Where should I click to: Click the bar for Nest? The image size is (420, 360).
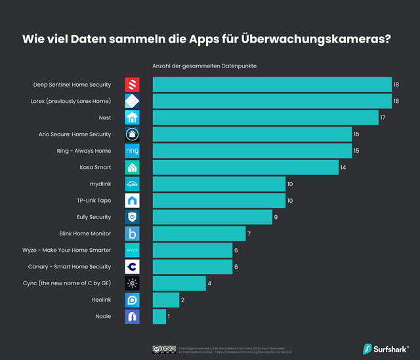coord(265,117)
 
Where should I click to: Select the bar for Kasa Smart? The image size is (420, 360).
coord(245,167)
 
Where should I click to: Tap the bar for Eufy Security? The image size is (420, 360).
coord(212,217)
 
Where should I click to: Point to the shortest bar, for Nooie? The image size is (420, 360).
coord(159,317)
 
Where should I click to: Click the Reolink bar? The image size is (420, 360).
coord(166,300)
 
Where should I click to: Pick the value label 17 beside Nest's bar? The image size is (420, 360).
coord(383,117)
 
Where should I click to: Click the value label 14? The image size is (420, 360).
coord(343,167)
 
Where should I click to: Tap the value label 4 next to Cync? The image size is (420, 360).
coord(210,283)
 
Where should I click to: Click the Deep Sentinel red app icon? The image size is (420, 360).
coord(132,85)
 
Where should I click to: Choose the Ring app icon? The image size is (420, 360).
coord(132,151)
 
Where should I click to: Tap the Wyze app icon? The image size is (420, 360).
coord(132,250)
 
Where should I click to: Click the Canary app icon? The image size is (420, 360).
coord(132,267)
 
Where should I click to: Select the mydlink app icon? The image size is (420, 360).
coord(132,184)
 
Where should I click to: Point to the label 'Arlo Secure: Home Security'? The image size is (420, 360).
coord(75,134)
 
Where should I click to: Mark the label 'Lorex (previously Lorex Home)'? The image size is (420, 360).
coord(71,101)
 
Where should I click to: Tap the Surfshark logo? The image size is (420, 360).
coord(386,348)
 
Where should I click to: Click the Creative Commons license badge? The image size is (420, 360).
coord(164,349)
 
